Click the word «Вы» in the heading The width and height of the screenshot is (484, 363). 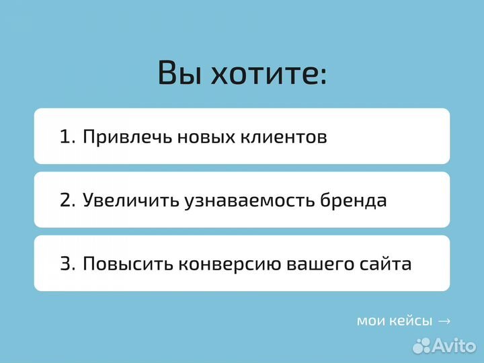pyautogui.click(x=179, y=73)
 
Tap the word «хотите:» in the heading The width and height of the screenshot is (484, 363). pyautogui.click(x=269, y=73)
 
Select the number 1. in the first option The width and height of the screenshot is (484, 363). pyautogui.click(x=68, y=137)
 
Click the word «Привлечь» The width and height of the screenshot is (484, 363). pyautogui.click(x=127, y=138)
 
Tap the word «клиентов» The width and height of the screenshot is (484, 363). pyautogui.click(x=286, y=137)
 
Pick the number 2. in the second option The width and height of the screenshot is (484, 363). pyautogui.click(x=68, y=200)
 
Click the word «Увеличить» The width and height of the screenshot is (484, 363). pyautogui.click(x=130, y=200)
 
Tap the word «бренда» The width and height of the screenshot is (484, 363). pyautogui.click(x=354, y=200)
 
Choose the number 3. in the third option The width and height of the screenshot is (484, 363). pyautogui.click(x=68, y=264)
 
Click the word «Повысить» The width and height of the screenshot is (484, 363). pyautogui.click(x=127, y=264)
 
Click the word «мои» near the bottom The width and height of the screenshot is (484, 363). pyautogui.click(x=370, y=321)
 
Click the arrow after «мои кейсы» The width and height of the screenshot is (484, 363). pyautogui.click(x=444, y=321)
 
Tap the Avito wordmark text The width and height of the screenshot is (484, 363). pyautogui.click(x=455, y=346)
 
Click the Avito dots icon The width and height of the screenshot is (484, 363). pyautogui.click(x=421, y=346)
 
